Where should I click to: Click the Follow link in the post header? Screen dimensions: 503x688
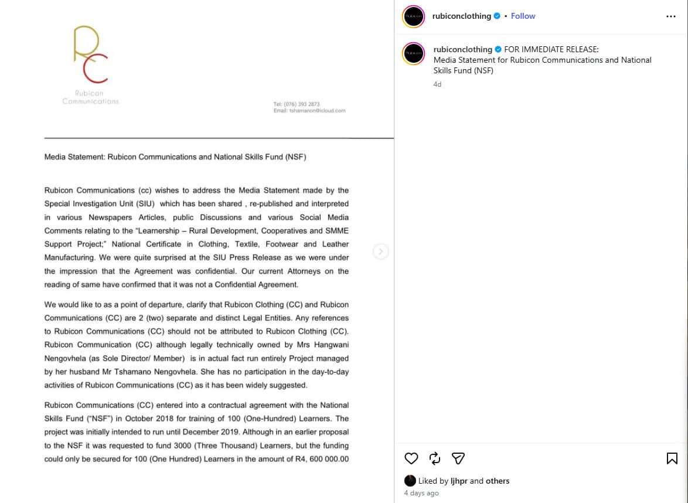(x=523, y=16)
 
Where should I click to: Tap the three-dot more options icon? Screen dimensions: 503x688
(x=671, y=16)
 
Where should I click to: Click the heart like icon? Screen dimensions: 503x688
(x=411, y=458)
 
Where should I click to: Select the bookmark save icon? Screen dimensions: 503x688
(x=672, y=458)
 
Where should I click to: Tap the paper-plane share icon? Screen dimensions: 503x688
(x=458, y=458)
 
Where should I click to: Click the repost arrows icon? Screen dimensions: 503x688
(x=435, y=458)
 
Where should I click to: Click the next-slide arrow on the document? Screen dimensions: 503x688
(x=380, y=251)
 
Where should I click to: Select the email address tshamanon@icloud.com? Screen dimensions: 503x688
(x=316, y=111)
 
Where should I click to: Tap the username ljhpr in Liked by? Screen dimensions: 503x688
(x=459, y=481)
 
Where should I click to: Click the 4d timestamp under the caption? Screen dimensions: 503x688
(x=437, y=84)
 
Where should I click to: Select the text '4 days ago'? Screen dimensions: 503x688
(x=421, y=493)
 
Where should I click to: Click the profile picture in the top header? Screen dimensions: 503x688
(x=413, y=16)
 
